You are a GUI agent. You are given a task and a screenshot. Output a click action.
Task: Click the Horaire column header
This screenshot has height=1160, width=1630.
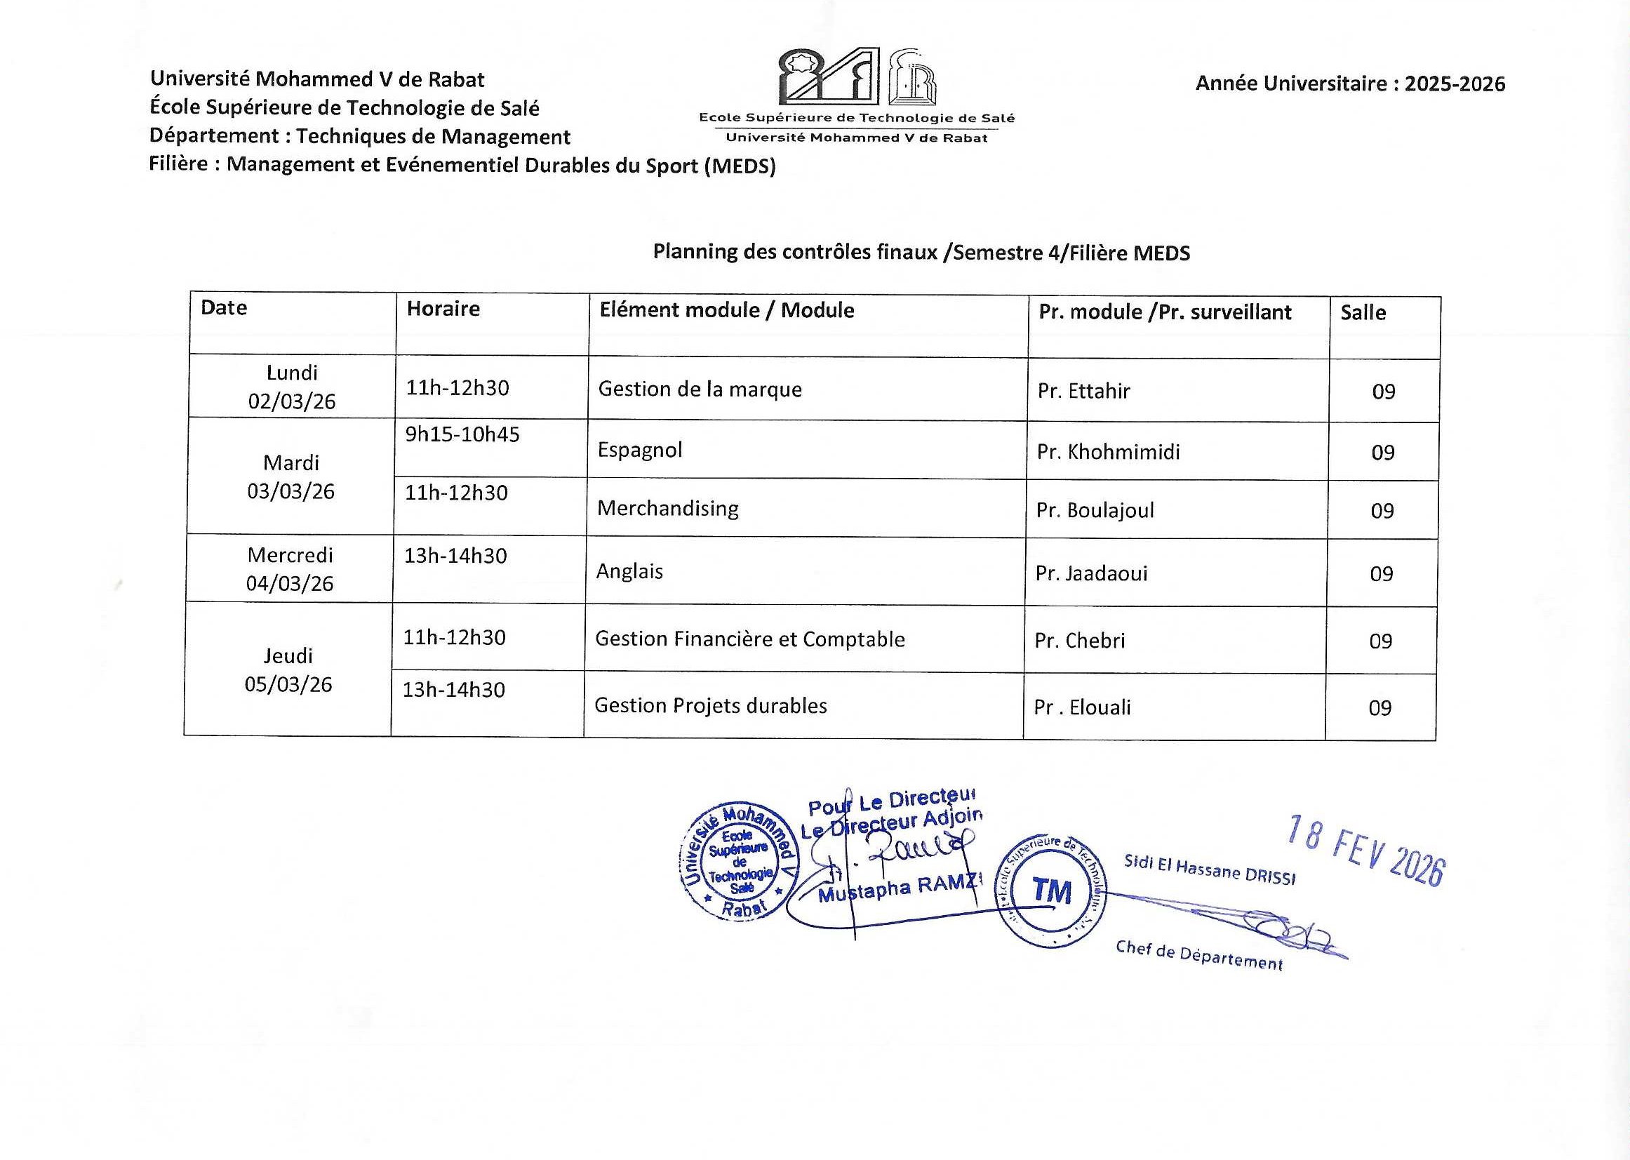tap(443, 309)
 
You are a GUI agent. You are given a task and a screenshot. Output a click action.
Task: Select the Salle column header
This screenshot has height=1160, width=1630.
tap(1363, 312)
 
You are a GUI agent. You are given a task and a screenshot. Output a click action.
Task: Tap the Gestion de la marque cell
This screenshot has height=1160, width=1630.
tap(700, 389)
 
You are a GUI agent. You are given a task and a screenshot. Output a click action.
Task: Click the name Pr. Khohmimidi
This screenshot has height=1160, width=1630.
tap(1108, 452)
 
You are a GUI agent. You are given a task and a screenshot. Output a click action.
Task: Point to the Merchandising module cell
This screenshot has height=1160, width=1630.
tap(668, 509)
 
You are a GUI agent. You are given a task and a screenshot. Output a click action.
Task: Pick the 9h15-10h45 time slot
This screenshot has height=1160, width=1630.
tap(462, 434)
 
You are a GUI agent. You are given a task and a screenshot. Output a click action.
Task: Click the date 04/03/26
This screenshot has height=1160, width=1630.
tap(290, 584)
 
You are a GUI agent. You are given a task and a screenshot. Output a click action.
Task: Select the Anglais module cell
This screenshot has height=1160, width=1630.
tap(629, 571)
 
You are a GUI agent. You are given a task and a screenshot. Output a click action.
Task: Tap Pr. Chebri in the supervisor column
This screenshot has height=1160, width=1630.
tap(1079, 641)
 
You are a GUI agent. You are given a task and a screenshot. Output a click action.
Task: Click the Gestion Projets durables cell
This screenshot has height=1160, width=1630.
tap(711, 706)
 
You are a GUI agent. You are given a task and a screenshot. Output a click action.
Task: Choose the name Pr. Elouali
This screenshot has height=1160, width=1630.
tap(1082, 707)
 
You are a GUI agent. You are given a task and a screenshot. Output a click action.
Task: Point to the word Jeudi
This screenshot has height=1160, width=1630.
tap(288, 655)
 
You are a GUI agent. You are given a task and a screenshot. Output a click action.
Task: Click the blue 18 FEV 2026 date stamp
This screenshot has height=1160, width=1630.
tap(1365, 850)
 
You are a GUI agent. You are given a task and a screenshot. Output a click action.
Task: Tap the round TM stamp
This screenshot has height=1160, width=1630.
tap(1050, 891)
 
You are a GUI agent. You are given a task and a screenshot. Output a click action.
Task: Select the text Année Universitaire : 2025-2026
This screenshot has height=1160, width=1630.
tap(1350, 84)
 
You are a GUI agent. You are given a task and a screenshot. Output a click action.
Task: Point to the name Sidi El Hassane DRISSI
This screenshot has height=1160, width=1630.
tap(1209, 870)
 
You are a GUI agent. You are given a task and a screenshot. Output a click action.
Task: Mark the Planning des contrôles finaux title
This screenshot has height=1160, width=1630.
tap(921, 252)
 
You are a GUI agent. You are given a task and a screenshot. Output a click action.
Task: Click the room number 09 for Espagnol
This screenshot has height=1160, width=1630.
tap(1383, 453)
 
